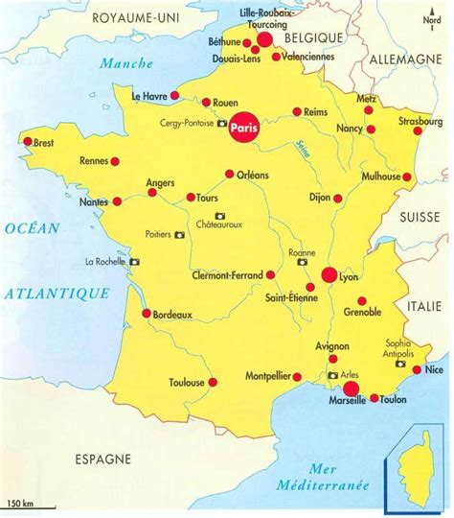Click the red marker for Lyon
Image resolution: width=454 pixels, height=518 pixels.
coord(329,275)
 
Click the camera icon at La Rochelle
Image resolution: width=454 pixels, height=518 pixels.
coord(134,261)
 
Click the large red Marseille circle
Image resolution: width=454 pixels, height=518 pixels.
coord(351,388)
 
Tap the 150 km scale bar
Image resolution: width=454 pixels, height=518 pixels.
coord(23,503)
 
